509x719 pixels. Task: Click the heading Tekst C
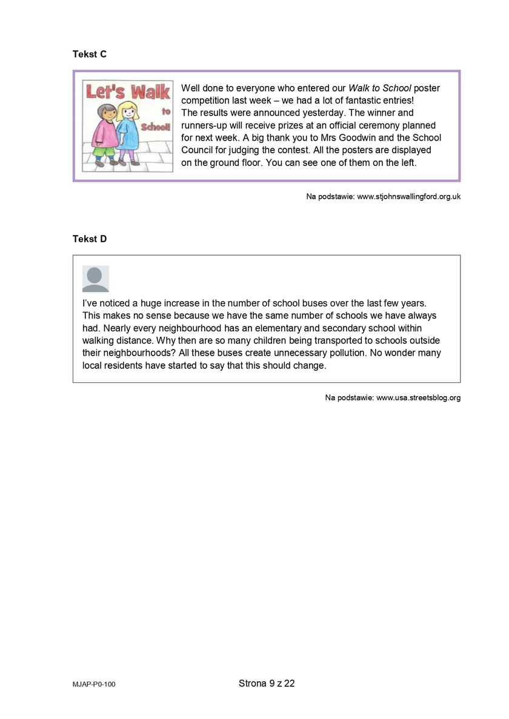point(90,55)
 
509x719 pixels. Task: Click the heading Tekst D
point(90,239)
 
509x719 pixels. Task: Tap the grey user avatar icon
point(96,279)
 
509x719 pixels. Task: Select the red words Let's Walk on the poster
point(128,92)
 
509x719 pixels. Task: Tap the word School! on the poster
point(156,127)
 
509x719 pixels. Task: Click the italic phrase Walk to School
point(379,88)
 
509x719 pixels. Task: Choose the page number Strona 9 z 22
point(267,683)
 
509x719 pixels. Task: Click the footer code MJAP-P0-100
point(94,684)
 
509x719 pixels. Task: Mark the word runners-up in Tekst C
point(205,125)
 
